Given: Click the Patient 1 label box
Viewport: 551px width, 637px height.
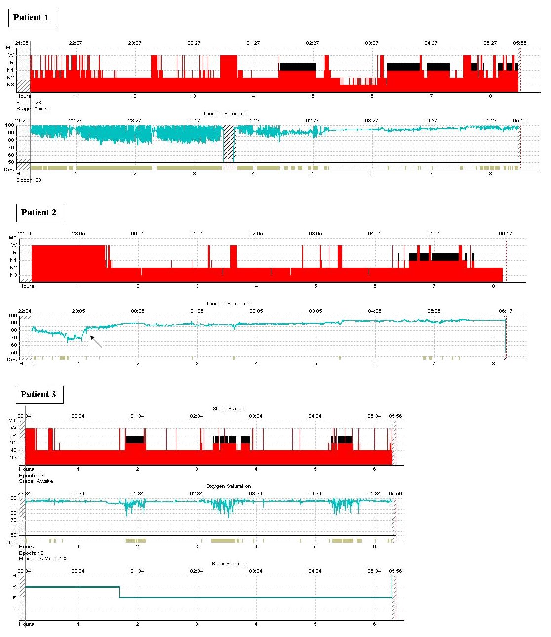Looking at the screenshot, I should coord(32,18).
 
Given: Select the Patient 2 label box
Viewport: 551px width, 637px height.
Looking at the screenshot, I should coord(39,213).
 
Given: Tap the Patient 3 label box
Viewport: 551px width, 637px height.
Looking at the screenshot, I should coord(39,394).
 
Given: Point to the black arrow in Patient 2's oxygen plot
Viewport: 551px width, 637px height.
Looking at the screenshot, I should coord(96,341).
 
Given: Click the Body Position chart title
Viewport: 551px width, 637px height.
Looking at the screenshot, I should coord(229,563).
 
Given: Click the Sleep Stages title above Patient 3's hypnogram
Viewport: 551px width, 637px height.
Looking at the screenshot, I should coord(229,409).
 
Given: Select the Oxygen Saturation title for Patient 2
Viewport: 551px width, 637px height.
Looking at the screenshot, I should coord(229,304).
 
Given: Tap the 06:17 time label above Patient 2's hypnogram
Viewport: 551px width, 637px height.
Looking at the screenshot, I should coord(505,234).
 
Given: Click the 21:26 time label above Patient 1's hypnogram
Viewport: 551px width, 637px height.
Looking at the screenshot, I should coord(22,43).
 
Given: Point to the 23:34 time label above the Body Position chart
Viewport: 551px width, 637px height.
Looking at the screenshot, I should coord(24,571).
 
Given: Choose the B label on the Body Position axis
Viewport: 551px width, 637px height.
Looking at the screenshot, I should coord(14,576).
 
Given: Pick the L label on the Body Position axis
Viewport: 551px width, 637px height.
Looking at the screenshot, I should coord(14,609).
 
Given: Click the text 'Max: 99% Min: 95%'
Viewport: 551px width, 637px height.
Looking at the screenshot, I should coord(43,559).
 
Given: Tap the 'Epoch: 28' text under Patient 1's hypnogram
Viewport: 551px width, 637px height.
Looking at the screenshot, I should coord(29,103).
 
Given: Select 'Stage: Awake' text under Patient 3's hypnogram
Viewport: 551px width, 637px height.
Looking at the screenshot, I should coord(36,481).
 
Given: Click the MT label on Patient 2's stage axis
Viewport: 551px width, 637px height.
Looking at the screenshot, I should coord(13,238).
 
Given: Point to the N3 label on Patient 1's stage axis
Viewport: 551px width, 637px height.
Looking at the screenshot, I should coord(10,85).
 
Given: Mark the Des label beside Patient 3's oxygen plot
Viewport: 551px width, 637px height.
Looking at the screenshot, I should coord(11,543).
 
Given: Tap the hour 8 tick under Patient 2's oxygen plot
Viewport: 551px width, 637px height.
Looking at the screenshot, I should coord(493,364).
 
